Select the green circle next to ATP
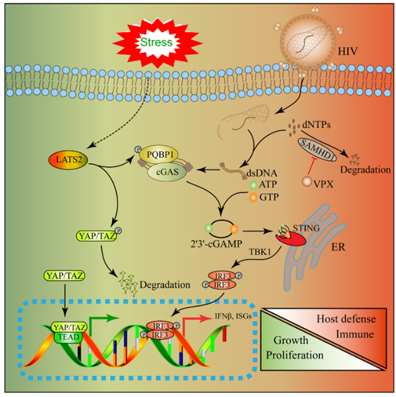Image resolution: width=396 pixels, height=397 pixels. point(253,185)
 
